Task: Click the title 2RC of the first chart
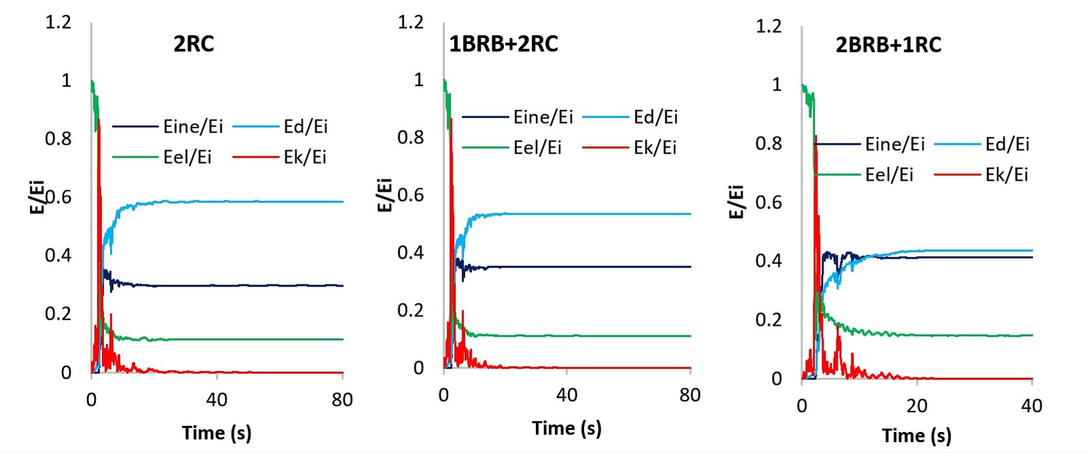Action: click(194, 44)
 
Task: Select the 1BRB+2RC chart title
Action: click(503, 44)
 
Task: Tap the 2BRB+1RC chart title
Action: click(888, 46)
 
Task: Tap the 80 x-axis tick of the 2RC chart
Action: click(342, 399)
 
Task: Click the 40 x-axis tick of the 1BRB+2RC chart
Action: click(566, 395)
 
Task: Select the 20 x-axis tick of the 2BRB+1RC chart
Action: click(917, 406)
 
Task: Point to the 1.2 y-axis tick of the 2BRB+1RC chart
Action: click(768, 26)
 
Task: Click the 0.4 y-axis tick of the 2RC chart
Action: click(58, 255)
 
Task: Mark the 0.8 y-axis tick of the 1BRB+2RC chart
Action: click(410, 137)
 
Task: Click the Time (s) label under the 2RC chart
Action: click(216, 433)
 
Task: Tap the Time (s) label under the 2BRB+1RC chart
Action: click(916, 435)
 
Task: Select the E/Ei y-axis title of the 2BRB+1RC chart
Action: click(736, 202)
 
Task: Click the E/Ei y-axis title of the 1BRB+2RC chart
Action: click(384, 196)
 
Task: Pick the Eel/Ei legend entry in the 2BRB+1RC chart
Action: click(889, 175)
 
